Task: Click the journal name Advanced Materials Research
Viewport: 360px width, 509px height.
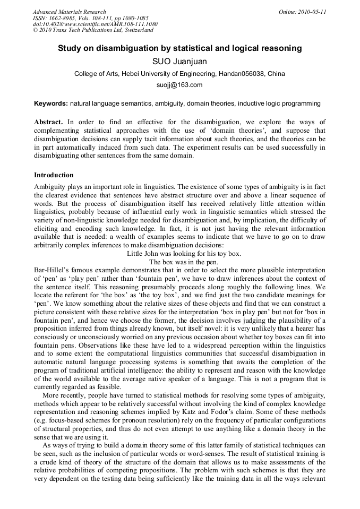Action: [70, 12]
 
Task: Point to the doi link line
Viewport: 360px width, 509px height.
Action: [95, 24]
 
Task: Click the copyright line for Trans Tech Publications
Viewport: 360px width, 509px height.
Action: [93, 30]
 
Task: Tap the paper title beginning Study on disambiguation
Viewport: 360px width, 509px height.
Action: [179, 48]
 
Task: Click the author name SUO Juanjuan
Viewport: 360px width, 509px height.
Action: [179, 62]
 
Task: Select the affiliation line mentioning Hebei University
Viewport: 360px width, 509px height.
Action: [179, 74]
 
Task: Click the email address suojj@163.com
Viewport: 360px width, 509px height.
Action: [179, 85]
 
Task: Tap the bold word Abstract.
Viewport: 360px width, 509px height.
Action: [49, 122]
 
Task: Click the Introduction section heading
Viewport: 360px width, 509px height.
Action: [54, 175]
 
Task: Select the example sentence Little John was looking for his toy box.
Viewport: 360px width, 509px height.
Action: [184, 254]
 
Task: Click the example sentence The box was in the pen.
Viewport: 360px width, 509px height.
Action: [184, 262]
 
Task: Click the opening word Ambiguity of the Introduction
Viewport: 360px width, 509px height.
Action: [51, 187]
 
